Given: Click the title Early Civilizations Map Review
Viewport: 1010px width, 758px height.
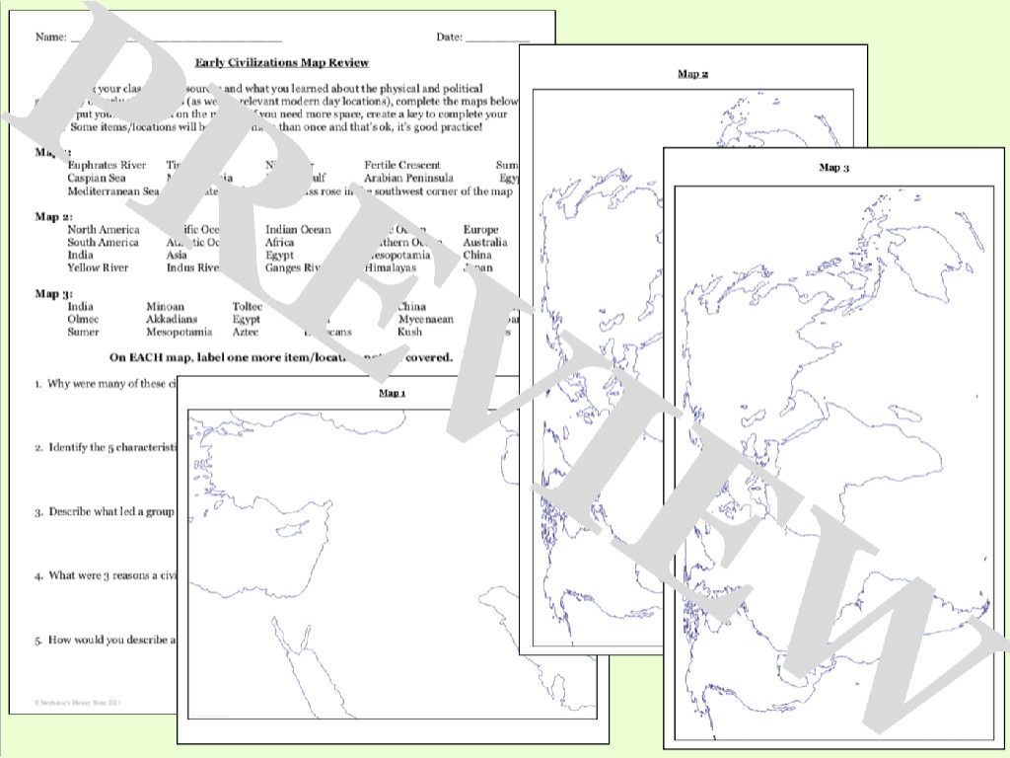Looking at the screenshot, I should pyautogui.click(x=282, y=62).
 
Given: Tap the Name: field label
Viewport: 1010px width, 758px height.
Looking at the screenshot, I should pyautogui.click(x=50, y=38).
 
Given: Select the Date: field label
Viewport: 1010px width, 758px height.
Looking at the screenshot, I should pyautogui.click(x=449, y=38).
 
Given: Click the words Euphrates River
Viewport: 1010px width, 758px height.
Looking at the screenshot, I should pyautogui.click(x=107, y=165).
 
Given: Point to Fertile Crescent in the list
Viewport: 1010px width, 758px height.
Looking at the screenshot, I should pyautogui.click(x=401, y=165).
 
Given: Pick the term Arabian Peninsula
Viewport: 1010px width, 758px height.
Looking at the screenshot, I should pyautogui.click(x=408, y=178).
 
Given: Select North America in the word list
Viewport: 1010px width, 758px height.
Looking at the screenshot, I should pyautogui.click(x=104, y=230).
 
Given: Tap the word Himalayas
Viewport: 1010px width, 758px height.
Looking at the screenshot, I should pyautogui.click(x=391, y=267).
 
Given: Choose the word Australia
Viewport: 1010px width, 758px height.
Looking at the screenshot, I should pyautogui.click(x=485, y=243).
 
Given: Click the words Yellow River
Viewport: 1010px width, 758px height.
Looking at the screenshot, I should pyautogui.click(x=98, y=267).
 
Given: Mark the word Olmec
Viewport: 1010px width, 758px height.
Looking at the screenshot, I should pyautogui.click(x=83, y=320).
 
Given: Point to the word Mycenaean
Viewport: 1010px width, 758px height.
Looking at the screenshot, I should pyautogui.click(x=426, y=320).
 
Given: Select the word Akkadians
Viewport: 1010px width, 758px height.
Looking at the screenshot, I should pyautogui.click(x=172, y=320).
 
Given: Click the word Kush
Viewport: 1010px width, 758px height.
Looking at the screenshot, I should pyautogui.click(x=409, y=333).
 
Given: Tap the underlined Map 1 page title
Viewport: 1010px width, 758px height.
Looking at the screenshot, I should pyautogui.click(x=393, y=393).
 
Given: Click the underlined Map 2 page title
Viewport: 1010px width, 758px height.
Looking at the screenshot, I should pyautogui.click(x=692, y=74).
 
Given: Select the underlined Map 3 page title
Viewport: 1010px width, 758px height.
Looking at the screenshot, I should pyautogui.click(x=833, y=168).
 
